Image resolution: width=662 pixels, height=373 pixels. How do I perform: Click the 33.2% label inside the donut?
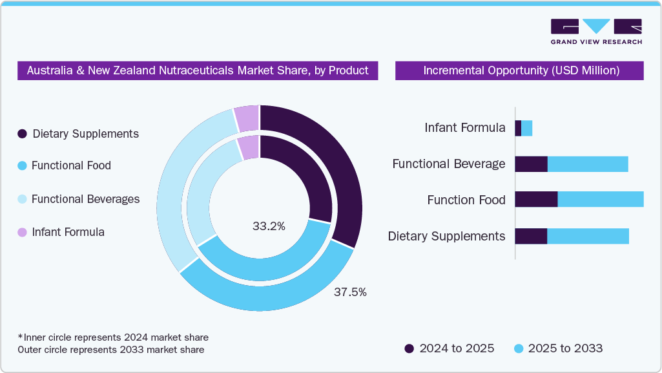pos(269,226)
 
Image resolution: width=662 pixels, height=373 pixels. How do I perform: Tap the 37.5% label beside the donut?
pos(350,292)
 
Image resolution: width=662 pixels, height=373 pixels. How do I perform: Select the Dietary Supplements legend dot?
pos(22,134)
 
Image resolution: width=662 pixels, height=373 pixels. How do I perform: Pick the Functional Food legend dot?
pos(22,165)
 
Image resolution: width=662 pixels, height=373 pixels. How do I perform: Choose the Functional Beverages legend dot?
pos(22,199)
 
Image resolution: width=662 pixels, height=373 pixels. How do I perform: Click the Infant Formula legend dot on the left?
pos(22,232)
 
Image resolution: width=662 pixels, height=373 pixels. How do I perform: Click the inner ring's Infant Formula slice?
pos(249,147)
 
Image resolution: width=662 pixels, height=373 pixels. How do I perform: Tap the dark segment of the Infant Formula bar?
pos(518,128)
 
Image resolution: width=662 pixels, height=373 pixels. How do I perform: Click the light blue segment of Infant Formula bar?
pos(527,128)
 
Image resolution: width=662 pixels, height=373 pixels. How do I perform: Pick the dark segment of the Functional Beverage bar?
pos(531,164)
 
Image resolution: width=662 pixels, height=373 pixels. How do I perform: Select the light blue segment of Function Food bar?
pos(601,199)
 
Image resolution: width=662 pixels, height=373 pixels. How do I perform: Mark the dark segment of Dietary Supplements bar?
pos(531,236)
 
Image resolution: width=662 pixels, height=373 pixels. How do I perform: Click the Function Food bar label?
pos(466,200)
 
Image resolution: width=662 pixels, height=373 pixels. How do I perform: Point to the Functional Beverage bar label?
pos(449,164)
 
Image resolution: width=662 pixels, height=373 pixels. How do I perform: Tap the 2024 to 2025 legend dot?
pos(409,349)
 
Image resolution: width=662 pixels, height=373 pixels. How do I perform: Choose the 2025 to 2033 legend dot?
pos(518,349)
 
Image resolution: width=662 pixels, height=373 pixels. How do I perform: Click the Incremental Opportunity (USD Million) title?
pos(521,70)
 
